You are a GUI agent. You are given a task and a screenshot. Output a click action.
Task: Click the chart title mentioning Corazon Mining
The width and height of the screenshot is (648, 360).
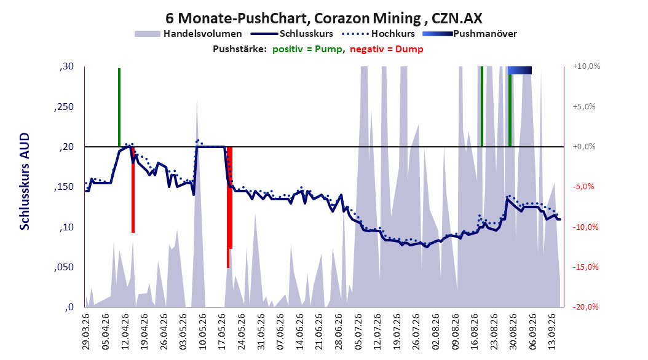click(x=323, y=18)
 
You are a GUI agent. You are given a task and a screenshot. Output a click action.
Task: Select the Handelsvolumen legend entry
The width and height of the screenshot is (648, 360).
click(x=188, y=34)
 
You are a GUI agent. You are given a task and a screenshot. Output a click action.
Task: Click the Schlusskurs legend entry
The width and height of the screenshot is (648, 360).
click(x=291, y=34)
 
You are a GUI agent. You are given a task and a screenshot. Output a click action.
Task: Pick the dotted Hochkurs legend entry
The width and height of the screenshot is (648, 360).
click(x=378, y=34)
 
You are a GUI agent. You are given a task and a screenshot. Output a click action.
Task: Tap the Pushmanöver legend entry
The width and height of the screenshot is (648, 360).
click(x=470, y=34)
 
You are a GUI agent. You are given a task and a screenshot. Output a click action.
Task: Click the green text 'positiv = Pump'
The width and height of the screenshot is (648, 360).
click(x=307, y=49)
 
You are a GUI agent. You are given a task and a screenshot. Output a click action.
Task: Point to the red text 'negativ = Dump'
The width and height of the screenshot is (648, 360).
click(x=387, y=49)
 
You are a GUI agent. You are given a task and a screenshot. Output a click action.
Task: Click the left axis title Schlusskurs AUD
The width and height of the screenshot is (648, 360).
click(x=25, y=181)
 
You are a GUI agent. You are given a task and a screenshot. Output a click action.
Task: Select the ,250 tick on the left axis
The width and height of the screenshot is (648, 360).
click(x=64, y=107)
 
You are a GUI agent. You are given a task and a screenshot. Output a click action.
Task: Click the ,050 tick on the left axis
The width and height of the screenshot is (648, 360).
click(x=64, y=267)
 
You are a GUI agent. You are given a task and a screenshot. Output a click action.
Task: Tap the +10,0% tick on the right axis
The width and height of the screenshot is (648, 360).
click(x=587, y=66)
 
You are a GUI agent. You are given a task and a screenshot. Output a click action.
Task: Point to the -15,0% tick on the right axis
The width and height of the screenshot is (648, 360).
click(x=585, y=267)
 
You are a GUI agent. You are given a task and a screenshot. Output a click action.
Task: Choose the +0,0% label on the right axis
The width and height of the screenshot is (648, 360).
click(x=584, y=147)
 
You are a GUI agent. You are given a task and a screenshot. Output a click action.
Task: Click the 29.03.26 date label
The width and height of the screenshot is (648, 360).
click(x=85, y=332)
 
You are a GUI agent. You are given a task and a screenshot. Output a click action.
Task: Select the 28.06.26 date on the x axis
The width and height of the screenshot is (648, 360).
click(x=339, y=332)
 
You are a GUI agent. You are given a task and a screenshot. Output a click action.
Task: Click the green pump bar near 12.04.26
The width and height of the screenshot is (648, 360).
click(x=119, y=108)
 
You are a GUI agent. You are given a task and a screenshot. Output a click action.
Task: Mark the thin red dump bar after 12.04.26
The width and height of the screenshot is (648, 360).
click(x=133, y=189)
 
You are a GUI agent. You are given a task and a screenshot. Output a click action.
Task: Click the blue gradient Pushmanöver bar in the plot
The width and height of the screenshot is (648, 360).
click(x=520, y=70)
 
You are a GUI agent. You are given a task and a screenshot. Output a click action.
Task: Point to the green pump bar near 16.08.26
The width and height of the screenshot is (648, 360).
click(x=482, y=106)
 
